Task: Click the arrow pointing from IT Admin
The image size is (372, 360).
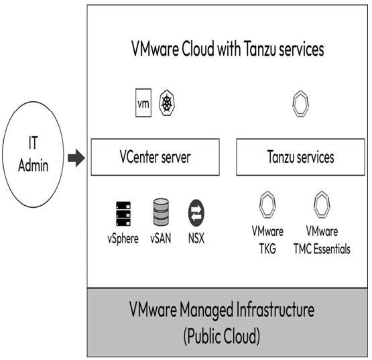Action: tap(76, 158)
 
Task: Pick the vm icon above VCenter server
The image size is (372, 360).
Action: tap(143, 103)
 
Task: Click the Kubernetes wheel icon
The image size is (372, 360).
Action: tap(168, 103)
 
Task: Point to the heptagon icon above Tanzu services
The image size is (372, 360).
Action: tap(300, 104)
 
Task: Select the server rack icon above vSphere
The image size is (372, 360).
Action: tap(123, 214)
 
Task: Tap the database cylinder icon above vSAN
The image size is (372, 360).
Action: tap(161, 212)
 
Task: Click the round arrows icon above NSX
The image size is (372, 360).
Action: tap(196, 213)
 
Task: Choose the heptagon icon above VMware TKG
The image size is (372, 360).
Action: tap(267, 204)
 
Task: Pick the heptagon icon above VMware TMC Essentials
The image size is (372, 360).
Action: tap(322, 204)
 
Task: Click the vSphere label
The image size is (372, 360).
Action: tap(123, 239)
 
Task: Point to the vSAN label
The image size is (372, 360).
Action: tap(161, 238)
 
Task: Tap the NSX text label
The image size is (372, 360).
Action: tap(196, 238)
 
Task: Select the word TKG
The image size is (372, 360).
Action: tap(267, 249)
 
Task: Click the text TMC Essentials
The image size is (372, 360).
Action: tap(322, 249)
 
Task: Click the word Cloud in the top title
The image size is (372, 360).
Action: tap(198, 49)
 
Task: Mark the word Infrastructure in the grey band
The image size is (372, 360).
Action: tap(275, 310)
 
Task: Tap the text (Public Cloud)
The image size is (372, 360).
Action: tap(222, 336)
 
